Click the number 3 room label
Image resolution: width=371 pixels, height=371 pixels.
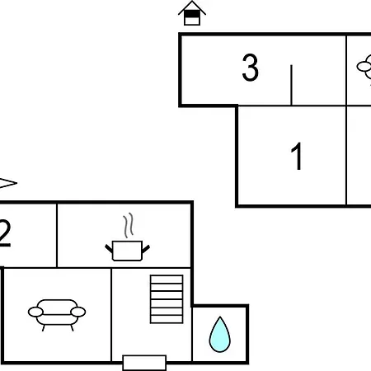[250, 68]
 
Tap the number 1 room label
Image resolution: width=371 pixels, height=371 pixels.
[297, 156]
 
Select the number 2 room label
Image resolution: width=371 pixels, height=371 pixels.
[5, 233]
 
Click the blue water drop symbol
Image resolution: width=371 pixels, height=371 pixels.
[220, 335]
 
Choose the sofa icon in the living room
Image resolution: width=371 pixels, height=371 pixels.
[57, 315]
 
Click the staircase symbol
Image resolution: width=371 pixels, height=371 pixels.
[167, 299]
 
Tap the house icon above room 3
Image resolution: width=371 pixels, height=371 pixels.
[192, 13]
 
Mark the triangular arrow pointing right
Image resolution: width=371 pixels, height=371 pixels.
[8, 183]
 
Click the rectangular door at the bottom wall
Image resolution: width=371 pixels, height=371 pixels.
[144, 363]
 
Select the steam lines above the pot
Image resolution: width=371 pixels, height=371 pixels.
[129, 225]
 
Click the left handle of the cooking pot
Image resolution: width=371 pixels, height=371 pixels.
[109, 249]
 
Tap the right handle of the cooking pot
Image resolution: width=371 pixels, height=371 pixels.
[146, 249]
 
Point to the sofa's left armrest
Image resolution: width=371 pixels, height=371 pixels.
[35, 312]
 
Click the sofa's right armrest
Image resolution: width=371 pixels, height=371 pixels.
[78, 312]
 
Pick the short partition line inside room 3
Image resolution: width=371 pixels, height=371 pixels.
[291, 85]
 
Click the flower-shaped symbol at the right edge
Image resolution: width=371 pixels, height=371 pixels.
[364, 67]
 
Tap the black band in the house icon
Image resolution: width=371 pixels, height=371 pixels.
[192, 14]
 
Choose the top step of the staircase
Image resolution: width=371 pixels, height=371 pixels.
[167, 279]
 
